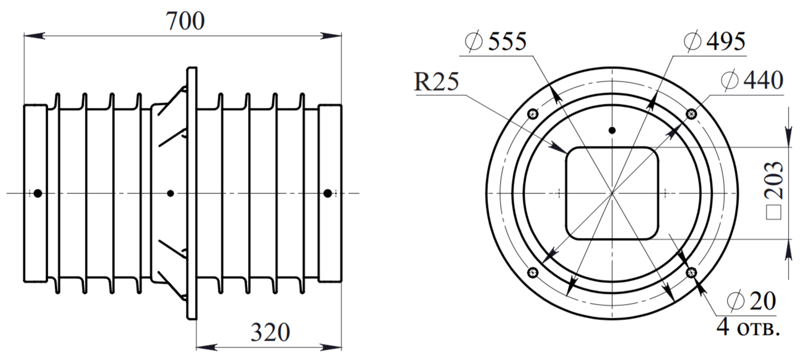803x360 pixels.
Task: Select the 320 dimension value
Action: coord(270,333)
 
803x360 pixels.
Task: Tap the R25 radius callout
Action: coord(436,82)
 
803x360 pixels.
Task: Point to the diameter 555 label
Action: coord(496,41)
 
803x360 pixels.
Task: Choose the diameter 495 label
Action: coord(715,41)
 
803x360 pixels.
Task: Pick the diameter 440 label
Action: coord(752,80)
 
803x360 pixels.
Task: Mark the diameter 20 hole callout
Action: coord(751,301)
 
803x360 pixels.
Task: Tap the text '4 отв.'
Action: coord(748,327)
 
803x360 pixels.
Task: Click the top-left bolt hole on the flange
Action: coord(533,114)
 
